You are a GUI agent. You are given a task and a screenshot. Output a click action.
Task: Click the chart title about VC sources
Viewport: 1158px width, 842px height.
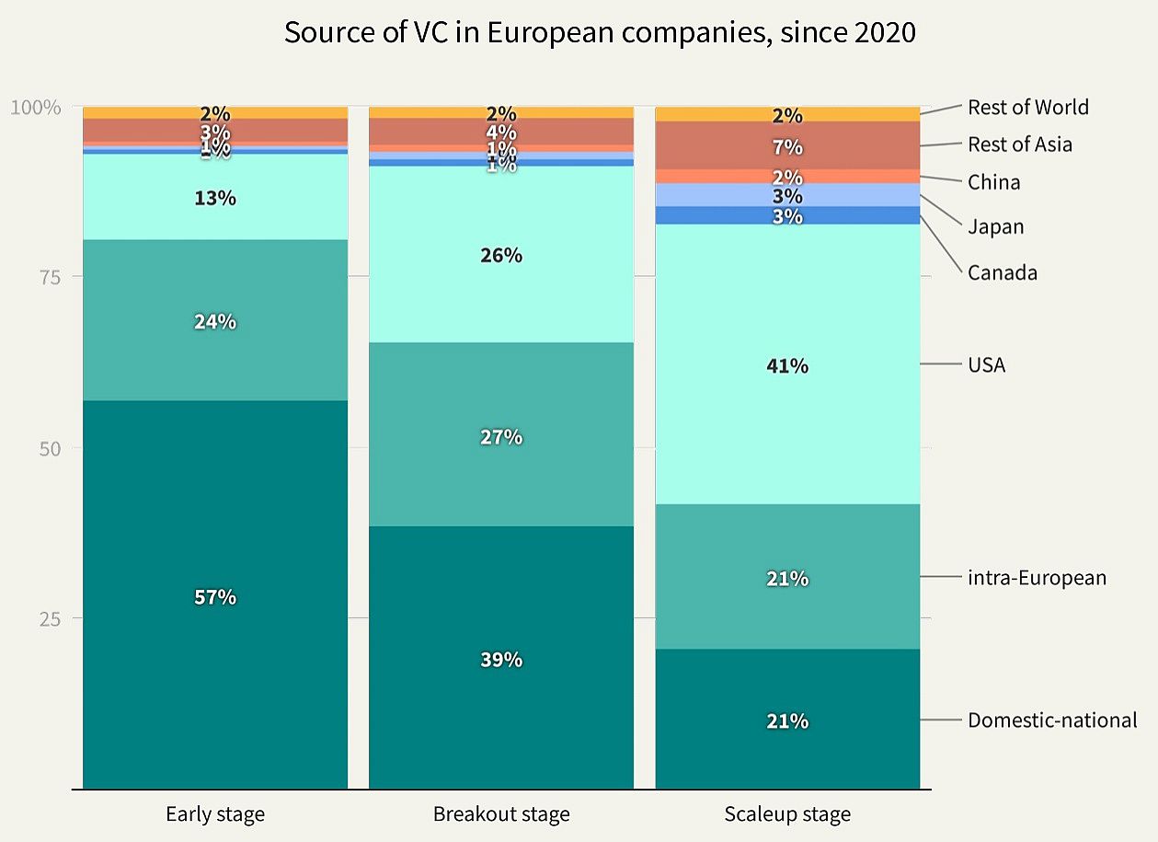600,32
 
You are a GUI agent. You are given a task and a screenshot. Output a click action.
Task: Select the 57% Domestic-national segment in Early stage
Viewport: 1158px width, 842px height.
215,595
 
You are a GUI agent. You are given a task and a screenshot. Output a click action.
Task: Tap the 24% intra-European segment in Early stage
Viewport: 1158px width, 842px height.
215,320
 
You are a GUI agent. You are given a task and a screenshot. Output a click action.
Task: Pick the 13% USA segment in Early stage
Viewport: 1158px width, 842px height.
215,197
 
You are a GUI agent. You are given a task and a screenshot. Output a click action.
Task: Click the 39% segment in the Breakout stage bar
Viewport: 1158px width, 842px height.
501,658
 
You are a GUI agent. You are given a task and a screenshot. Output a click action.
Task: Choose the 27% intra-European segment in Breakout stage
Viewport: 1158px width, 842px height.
501,435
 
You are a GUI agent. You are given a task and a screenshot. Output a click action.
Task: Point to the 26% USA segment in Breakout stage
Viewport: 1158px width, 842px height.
501,255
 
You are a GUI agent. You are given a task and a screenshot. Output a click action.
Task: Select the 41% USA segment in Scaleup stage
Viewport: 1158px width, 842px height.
787,364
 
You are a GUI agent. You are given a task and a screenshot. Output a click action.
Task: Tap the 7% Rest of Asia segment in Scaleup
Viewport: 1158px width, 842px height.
787,145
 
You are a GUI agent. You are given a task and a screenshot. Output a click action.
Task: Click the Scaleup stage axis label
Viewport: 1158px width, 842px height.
787,814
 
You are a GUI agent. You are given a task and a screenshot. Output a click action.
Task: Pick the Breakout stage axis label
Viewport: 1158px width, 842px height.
501,814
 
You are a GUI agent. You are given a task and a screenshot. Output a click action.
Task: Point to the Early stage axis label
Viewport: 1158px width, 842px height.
215,814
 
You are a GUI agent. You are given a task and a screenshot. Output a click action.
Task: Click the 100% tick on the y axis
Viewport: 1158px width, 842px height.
36,107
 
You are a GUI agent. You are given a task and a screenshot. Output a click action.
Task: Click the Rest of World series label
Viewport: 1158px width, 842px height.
1027,107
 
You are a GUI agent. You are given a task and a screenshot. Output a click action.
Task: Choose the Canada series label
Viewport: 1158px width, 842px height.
1002,272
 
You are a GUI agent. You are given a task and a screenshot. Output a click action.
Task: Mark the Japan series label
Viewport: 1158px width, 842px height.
995,226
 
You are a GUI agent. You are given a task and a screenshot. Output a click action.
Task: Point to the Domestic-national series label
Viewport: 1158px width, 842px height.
1052,720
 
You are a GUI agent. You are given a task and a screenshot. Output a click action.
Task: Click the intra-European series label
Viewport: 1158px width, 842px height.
1037,578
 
